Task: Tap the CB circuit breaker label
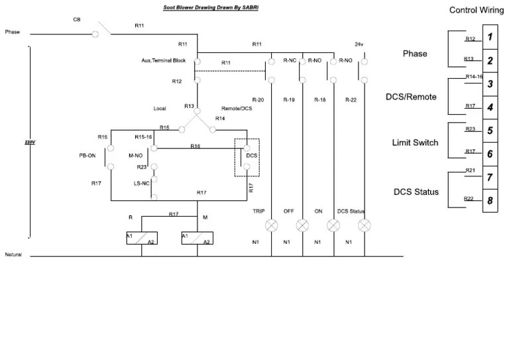(x=77, y=19)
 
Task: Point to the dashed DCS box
(x=247, y=158)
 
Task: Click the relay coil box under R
(x=141, y=239)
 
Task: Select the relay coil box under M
(x=197, y=239)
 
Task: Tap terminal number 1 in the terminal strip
(x=489, y=37)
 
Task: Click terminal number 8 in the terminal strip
(x=489, y=201)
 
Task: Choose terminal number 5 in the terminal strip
(x=489, y=131)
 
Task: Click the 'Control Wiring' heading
(x=476, y=10)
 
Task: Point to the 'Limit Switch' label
(x=416, y=143)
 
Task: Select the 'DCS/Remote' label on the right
(x=411, y=97)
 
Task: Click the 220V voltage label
(x=30, y=142)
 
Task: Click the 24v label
(x=360, y=44)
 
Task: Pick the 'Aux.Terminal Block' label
(x=164, y=60)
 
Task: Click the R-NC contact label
(x=289, y=60)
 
